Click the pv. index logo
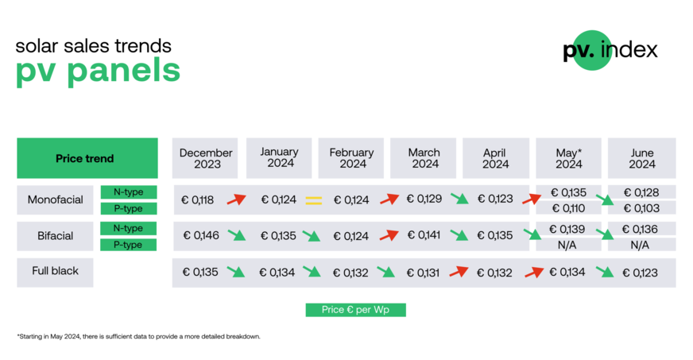(610, 51)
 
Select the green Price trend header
(87, 158)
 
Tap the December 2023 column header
(206, 158)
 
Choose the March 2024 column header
(424, 158)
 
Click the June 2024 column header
(641, 158)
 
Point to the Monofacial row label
(56, 200)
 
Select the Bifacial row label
(56, 236)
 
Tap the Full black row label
(56, 272)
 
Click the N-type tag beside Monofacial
(128, 192)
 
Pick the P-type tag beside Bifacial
(128, 245)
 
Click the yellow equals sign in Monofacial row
(314, 200)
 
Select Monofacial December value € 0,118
(198, 200)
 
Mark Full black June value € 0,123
(640, 273)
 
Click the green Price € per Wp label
(355, 310)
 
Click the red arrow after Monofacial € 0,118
(237, 199)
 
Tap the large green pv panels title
(98, 71)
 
